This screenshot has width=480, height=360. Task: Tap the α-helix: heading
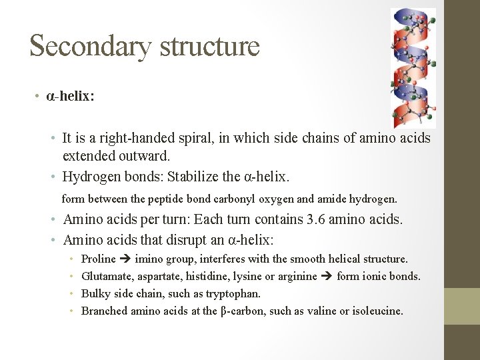click(x=70, y=97)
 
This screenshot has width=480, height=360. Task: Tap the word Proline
click(x=98, y=259)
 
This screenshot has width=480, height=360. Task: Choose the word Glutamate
click(x=104, y=276)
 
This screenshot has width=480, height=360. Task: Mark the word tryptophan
click(x=234, y=293)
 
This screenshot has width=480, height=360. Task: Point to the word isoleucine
click(x=377, y=311)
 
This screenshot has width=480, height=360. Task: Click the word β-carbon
click(x=243, y=311)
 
